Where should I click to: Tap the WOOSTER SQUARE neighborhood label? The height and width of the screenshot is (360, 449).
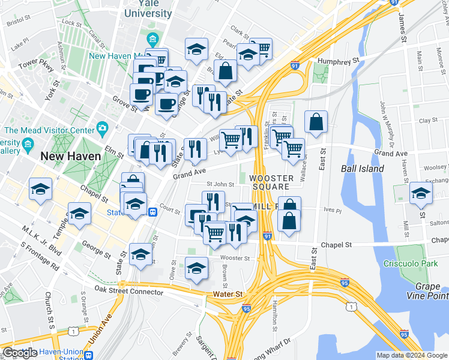point(271,182)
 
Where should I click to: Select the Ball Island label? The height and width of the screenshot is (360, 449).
point(363,169)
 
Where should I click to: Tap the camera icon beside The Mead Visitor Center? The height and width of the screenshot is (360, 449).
point(103,128)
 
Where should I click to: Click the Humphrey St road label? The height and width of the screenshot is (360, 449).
point(339,61)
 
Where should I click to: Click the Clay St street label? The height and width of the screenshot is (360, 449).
point(428,120)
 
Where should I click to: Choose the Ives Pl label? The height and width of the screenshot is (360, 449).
point(332,211)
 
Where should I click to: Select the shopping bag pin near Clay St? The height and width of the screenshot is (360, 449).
point(316,123)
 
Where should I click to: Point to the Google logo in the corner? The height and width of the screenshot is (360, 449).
point(20,353)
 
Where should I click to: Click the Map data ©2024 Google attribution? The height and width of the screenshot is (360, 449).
point(411,355)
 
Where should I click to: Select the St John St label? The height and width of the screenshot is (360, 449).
point(220,184)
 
